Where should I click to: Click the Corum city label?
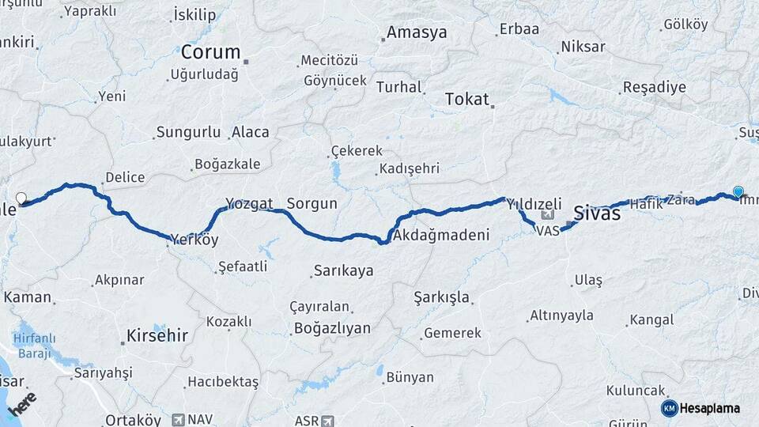tap(210, 52)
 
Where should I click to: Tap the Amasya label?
tap(417, 33)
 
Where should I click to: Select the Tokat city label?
tap(466, 99)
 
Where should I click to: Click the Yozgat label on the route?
tap(249, 203)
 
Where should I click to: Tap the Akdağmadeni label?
tap(441, 235)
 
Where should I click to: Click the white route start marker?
tap(21, 198)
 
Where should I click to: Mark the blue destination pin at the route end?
tap(738, 191)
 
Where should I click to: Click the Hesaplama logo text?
tap(709, 408)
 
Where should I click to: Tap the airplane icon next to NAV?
tap(178, 420)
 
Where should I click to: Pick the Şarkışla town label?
tap(442, 297)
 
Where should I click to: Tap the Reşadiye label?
tap(655, 87)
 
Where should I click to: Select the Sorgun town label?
tap(312, 203)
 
